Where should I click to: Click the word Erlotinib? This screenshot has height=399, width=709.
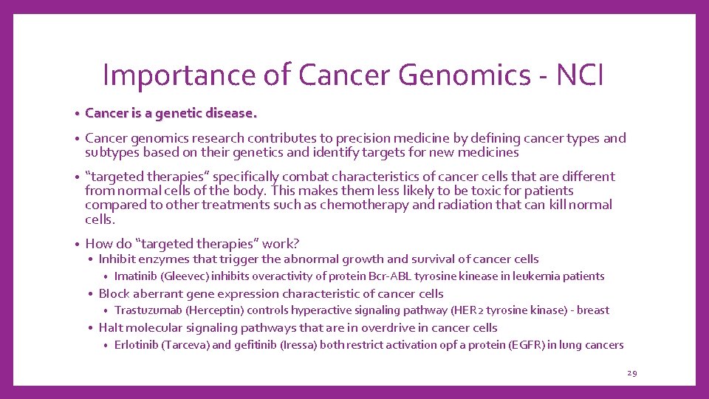137,345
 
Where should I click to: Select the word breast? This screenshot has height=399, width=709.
592,310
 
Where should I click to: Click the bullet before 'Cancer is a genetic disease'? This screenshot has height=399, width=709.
77,115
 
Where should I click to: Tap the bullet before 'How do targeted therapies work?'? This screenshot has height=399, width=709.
77,244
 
